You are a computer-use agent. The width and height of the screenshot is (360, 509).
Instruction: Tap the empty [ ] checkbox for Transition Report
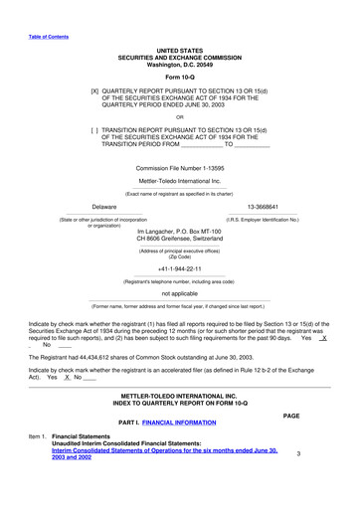coord(95,129)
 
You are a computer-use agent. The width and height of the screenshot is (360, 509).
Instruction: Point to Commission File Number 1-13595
coord(180,168)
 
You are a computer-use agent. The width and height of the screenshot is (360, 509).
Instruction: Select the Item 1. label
coord(37,435)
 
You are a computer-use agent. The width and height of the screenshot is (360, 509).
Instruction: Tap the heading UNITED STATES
coord(180,49)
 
